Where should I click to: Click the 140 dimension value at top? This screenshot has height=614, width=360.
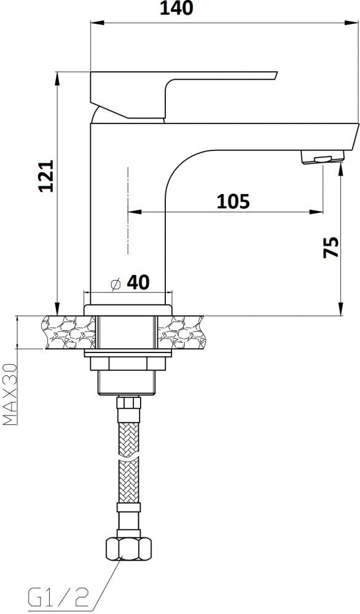[x=176, y=9]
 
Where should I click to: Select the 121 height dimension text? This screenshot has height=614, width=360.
[x=47, y=176]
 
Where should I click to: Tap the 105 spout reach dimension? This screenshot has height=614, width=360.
[x=233, y=201]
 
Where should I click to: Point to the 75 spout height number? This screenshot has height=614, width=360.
[x=331, y=247]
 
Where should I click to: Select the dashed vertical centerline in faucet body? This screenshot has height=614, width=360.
[x=127, y=209]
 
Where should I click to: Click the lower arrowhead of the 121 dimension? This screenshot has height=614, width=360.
[x=58, y=310]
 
